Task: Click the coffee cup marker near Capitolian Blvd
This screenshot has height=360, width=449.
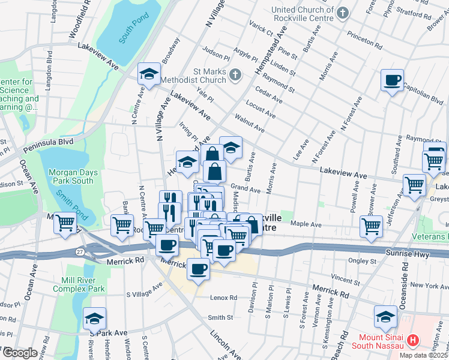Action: pyautogui.click(x=392, y=80)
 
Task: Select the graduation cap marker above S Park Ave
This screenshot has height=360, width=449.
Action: pyautogui.click(x=94, y=319)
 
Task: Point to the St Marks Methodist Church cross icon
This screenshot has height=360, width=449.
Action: pyautogui.click(x=235, y=76)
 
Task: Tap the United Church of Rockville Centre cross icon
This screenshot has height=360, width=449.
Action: pyautogui.click(x=343, y=13)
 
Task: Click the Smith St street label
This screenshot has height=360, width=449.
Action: pyautogui.click(x=220, y=317)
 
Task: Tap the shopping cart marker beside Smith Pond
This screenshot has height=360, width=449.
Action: pyautogui.click(x=65, y=223)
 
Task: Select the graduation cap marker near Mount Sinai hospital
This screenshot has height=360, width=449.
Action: pyautogui.click(x=385, y=317)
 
